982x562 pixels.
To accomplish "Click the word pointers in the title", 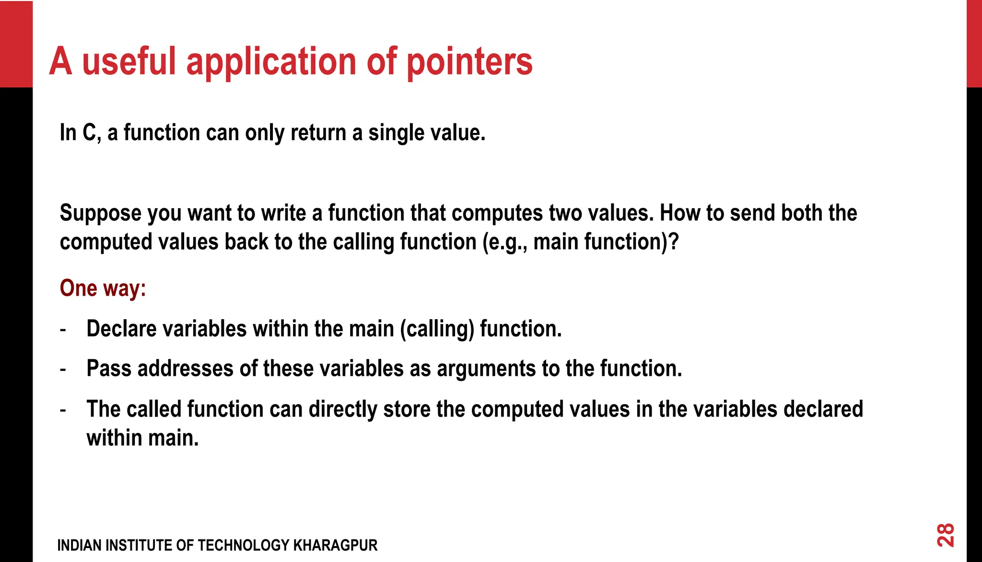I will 469,62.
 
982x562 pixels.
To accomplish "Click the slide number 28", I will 946,535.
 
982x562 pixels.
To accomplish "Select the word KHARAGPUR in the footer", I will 335,546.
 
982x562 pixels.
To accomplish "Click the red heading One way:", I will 103,288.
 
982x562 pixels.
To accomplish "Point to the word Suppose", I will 100,213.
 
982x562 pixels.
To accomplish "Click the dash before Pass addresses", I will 63,370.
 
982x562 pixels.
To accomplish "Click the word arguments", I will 486,369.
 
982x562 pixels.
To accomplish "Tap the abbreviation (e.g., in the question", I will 505,242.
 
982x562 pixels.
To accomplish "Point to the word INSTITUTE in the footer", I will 139,546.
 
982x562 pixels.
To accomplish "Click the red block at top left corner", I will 16,43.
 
